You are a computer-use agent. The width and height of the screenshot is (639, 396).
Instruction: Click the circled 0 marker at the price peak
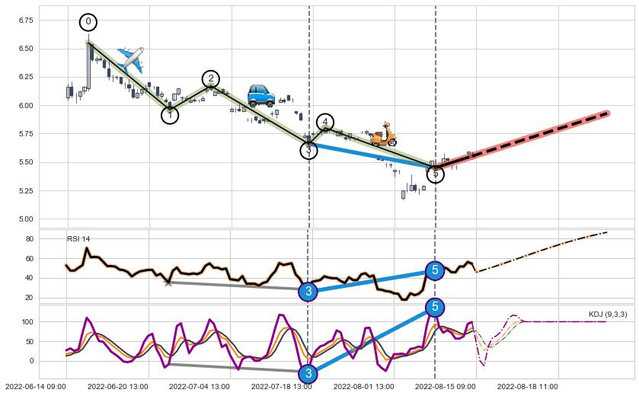(88, 22)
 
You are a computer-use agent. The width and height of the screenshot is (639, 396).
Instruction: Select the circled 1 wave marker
(169, 115)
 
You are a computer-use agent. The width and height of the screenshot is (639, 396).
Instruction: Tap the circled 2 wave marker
(210, 78)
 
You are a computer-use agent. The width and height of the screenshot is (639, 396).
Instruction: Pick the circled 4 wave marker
(325, 122)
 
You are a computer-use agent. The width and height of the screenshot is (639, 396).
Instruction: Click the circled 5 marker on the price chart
(434, 174)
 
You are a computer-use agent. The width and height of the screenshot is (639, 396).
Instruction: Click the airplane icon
(130, 59)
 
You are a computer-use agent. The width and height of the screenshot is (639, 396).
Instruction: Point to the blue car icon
(261, 96)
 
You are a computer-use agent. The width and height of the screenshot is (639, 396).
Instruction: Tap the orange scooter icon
(383, 134)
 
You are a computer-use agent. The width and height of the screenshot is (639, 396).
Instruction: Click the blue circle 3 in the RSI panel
(308, 291)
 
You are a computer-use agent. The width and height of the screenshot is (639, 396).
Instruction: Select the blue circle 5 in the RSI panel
(434, 270)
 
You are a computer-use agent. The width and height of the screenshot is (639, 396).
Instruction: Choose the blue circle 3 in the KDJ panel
(308, 373)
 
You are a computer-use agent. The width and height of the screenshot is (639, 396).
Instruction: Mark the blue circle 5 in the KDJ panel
(434, 307)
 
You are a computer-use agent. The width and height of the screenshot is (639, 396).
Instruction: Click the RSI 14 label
(78, 239)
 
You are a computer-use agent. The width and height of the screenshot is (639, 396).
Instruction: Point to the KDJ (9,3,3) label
(607, 315)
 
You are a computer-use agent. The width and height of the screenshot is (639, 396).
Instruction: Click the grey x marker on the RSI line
(168, 283)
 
